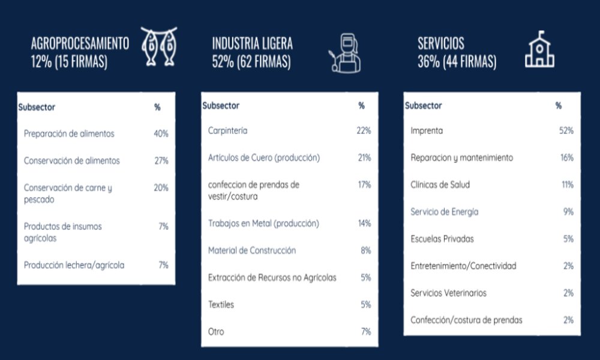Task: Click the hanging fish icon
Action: pyautogui.click(x=159, y=47)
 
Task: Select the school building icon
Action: pyautogui.click(x=539, y=49)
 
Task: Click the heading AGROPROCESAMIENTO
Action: pyautogui.click(x=80, y=43)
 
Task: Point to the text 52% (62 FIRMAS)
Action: pyautogui.click(x=251, y=62)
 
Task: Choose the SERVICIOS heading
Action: pyautogui.click(x=441, y=43)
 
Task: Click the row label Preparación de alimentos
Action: pyautogui.click(x=69, y=134)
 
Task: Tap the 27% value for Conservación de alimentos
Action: pyautogui.click(x=161, y=161)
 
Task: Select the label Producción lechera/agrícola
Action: pyautogui.click(x=74, y=265)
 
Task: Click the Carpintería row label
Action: pyautogui.click(x=227, y=130)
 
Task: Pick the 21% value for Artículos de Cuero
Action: pyautogui.click(x=364, y=158)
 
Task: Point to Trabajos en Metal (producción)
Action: pyautogui.click(x=263, y=223)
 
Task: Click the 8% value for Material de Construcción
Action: pyautogui.click(x=366, y=250)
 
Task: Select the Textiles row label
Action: pyautogui.click(x=221, y=304)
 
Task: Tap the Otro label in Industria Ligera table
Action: pyautogui.click(x=216, y=331)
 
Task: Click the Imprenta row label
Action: pyautogui.click(x=427, y=130)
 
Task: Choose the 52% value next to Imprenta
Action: pyautogui.click(x=566, y=130)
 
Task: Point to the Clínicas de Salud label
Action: pyautogui.click(x=440, y=185)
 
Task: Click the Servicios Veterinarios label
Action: pyautogui.click(x=448, y=293)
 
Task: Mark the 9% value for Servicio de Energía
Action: pyautogui.click(x=568, y=212)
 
